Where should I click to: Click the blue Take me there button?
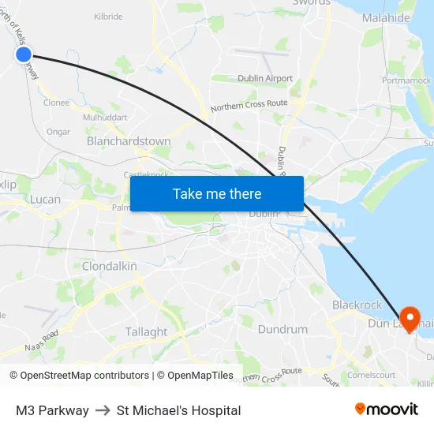[216, 193]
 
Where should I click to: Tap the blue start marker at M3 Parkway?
[24, 54]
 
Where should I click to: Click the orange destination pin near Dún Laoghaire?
[410, 317]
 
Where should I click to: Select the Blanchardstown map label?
[129, 141]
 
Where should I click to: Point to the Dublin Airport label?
[264, 79]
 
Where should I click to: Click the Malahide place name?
[386, 17]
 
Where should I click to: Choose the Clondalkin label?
[110, 267]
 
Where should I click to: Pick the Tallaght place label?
[146, 332]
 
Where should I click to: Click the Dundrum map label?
[282, 329]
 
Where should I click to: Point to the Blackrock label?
[357, 305]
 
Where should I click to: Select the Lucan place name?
[45, 200]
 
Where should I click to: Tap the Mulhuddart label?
[105, 117]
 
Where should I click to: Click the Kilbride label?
[108, 17]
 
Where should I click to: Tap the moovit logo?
[387, 410]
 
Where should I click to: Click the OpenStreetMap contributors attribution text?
[80, 376]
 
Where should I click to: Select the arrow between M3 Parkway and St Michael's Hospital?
[103, 410]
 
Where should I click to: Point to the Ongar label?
[58, 132]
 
